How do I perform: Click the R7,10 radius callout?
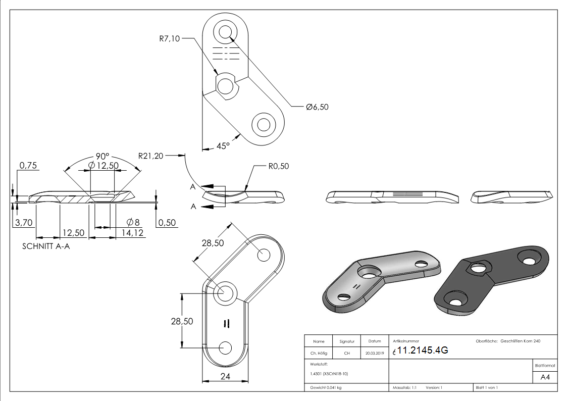coord(169,39)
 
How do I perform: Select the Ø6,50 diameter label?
coord(317,107)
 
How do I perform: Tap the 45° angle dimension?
coord(223,145)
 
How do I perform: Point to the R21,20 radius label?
coord(151,156)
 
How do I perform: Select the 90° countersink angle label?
coord(104,157)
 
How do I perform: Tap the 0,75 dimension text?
coord(28,166)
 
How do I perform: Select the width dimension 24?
coord(225,376)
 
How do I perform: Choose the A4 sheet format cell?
coord(545,377)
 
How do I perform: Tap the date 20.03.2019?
coord(374,354)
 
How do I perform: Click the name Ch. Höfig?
coord(319,354)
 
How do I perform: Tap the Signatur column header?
coord(347,341)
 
